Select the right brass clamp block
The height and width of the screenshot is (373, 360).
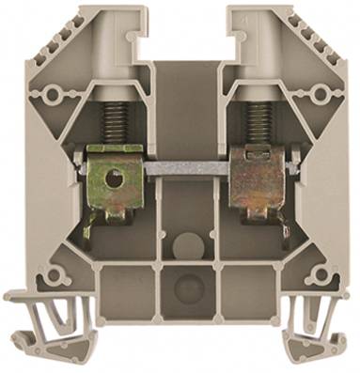coord(251,179)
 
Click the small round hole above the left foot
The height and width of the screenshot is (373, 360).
coord(54,275)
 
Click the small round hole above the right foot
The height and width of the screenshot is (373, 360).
coord(310,275)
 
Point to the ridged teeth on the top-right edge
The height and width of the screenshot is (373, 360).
coord(308,28)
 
